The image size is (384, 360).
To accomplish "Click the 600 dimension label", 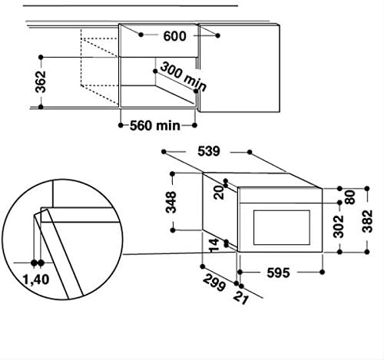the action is click(174, 36).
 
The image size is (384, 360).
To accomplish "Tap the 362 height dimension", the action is click(41, 82).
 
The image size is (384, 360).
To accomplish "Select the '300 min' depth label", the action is click(184, 77).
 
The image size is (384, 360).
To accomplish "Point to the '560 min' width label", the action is click(155, 126).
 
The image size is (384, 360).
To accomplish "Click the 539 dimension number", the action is click(209, 151).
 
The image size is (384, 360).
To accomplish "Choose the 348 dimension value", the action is click(171, 202).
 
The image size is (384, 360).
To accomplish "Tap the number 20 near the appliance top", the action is click(219, 193).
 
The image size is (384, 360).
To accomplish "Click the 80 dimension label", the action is click(350, 197).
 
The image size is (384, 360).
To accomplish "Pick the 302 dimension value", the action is click(339, 226).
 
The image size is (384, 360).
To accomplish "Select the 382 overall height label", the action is click(367, 221).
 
